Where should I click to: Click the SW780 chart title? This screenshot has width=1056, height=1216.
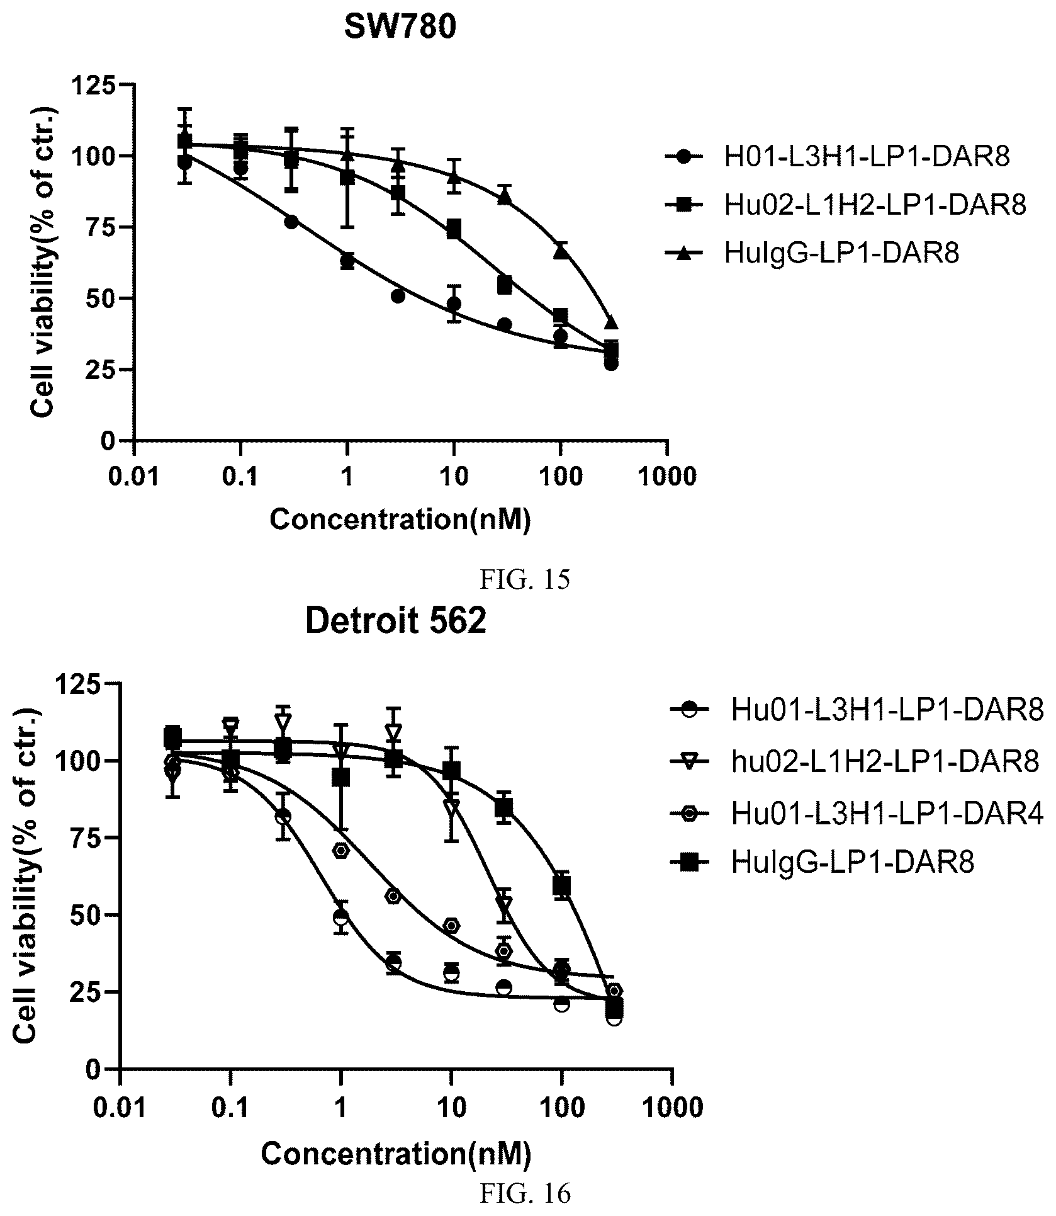point(400,28)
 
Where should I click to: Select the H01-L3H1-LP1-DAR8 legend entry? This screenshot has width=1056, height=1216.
point(837,157)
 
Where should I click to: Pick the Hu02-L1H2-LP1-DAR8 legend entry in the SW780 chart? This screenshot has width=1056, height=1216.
point(845,205)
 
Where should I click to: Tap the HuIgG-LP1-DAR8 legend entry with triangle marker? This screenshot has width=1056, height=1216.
point(812,253)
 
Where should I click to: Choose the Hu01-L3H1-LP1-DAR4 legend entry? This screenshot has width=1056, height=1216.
point(857,814)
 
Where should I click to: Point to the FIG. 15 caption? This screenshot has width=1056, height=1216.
point(525,579)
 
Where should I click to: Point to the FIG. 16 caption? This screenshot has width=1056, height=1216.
point(525,1192)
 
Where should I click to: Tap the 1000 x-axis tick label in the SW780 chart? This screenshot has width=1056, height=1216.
point(667,477)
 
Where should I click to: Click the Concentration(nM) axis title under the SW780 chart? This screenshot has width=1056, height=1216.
point(400,520)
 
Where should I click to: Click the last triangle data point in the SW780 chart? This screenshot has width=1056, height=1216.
point(610,322)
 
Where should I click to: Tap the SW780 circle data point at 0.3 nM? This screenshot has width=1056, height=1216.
point(291,222)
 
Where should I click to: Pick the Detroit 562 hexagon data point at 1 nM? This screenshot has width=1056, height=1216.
point(341,850)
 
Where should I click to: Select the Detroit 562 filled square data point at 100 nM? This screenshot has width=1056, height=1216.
point(561,885)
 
